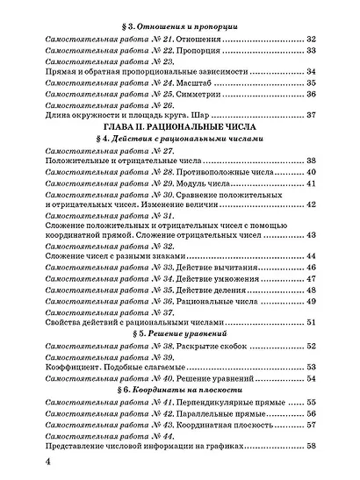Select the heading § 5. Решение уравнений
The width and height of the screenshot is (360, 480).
(x=179, y=334)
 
